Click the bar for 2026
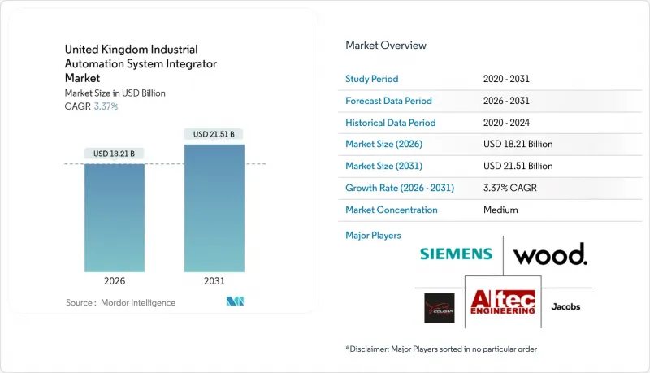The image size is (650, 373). pyautogui.click(x=115, y=218)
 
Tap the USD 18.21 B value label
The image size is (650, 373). pyautogui.click(x=115, y=154)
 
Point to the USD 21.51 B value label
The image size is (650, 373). pyautogui.click(x=214, y=134)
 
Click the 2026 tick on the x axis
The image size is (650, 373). pyautogui.click(x=115, y=282)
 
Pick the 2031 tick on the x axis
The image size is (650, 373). pyautogui.click(x=214, y=282)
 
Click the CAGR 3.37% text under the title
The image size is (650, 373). pyautogui.click(x=92, y=106)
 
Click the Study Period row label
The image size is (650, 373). pyautogui.click(x=373, y=79)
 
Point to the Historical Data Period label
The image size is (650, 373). pyautogui.click(x=390, y=123)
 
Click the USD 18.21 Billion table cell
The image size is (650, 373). pyautogui.click(x=518, y=144)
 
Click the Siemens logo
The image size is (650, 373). pyautogui.click(x=456, y=254)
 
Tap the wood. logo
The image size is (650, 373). pyautogui.click(x=550, y=254)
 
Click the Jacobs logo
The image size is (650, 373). pyautogui.click(x=565, y=306)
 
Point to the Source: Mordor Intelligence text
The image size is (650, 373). pyautogui.click(x=120, y=302)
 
